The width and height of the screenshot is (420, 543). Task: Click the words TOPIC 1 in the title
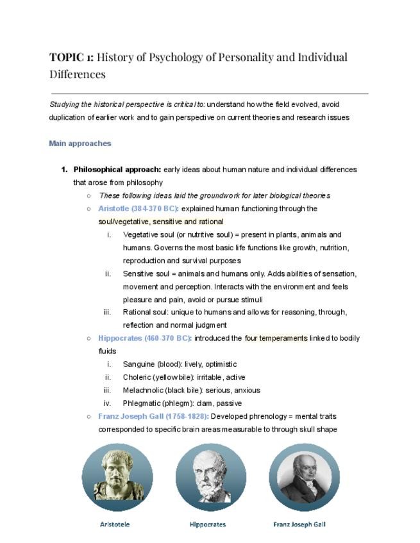point(71,57)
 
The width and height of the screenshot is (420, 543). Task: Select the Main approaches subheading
point(80,143)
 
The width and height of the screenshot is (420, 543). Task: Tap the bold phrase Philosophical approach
point(117,170)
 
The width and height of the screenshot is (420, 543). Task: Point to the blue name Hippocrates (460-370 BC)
point(144,338)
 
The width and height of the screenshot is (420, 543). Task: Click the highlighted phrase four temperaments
point(276,338)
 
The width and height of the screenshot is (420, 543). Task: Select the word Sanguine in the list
point(139,364)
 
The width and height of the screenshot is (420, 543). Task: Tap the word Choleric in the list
point(137,377)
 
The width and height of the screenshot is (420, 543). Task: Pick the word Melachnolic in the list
point(142,390)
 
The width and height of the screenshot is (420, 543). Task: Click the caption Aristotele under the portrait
point(115,524)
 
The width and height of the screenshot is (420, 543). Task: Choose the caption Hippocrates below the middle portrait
point(208,524)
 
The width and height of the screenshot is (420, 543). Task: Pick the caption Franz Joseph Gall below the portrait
point(299,524)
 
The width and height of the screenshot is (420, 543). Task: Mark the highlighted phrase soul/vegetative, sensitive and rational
point(161,222)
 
